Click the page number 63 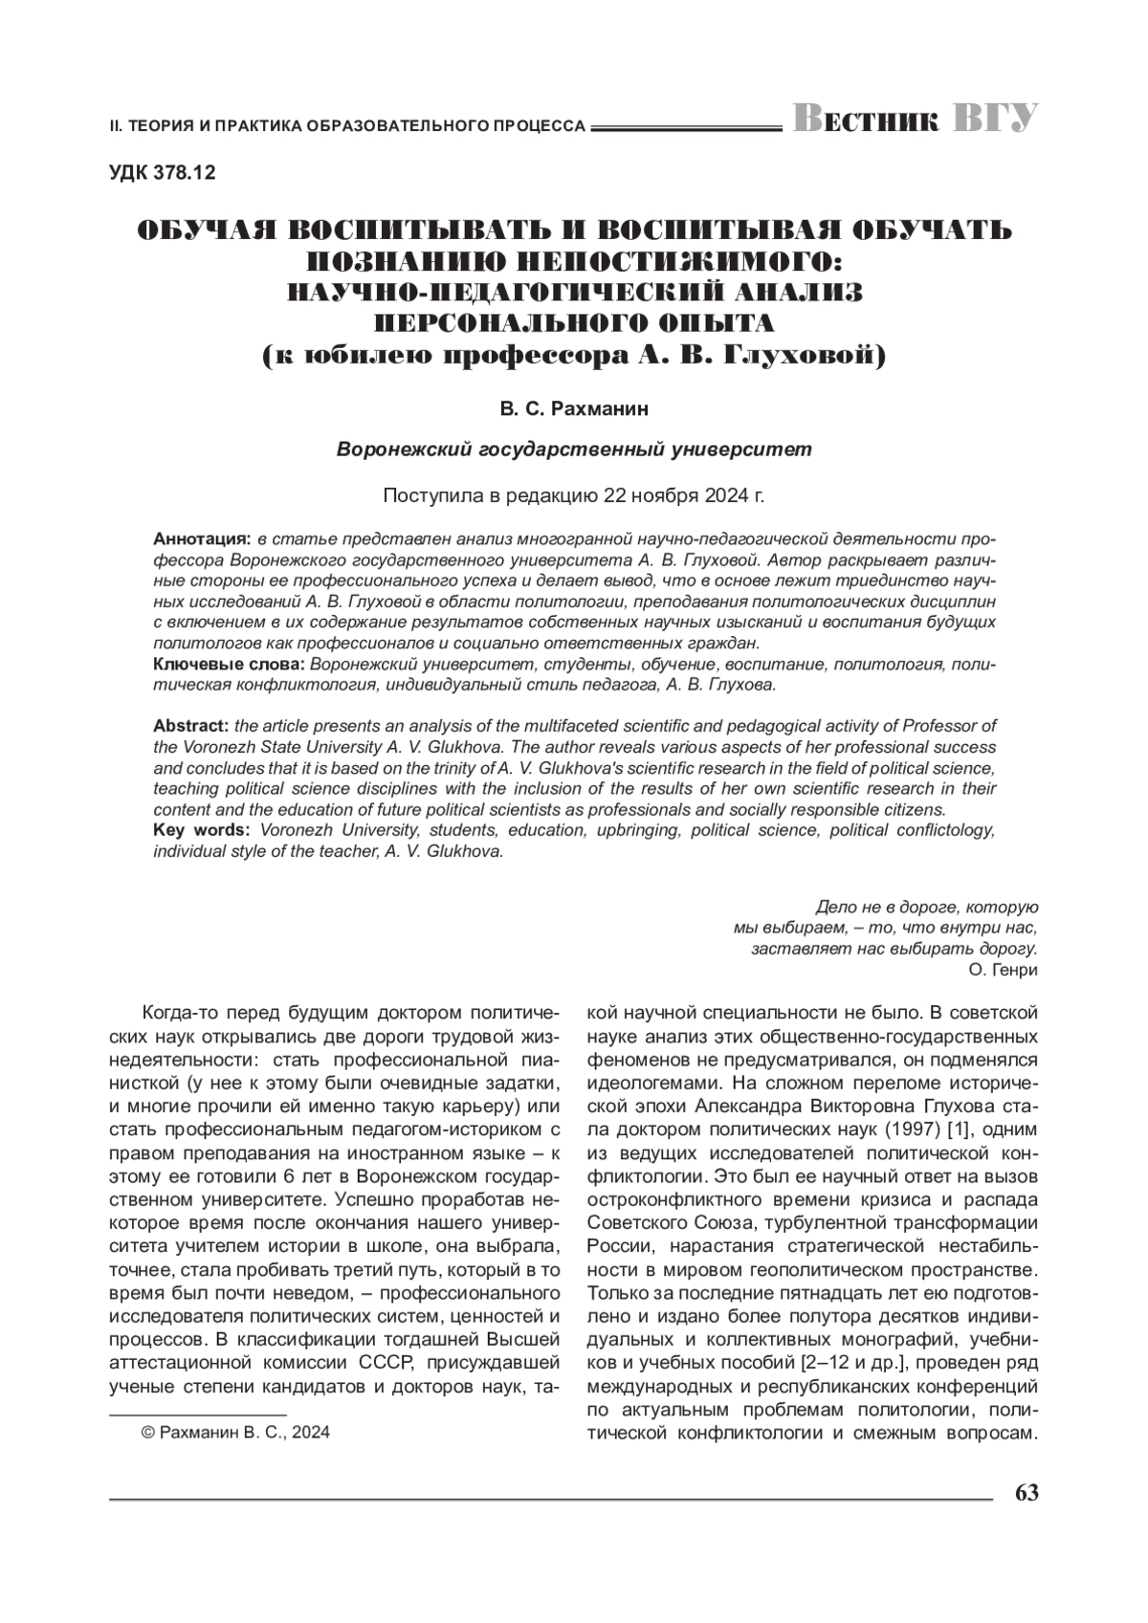click(1027, 1493)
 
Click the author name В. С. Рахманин click(573, 408)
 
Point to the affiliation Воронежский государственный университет click(574, 449)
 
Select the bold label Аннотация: click(202, 538)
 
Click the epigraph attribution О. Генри click(1003, 970)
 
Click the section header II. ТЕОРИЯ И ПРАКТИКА click(347, 125)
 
